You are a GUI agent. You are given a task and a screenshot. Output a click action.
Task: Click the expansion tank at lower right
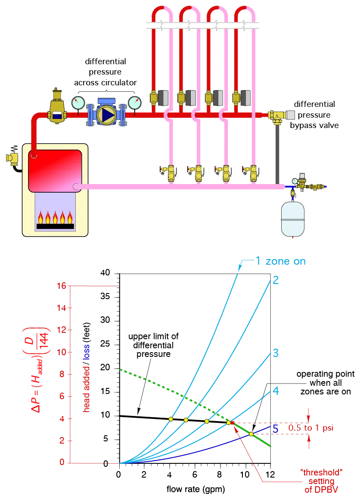292,219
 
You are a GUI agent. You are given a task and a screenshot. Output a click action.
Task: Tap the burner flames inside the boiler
54,217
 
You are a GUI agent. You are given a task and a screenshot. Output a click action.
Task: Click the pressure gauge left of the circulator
78,103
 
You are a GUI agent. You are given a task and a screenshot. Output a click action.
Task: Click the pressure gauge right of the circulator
134,103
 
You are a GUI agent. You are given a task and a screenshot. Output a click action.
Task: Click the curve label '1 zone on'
280,261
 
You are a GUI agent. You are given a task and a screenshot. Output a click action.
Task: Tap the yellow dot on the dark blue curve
251,434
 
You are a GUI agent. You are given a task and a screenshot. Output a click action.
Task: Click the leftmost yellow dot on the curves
171,419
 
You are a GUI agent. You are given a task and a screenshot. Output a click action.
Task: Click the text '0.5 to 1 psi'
311,428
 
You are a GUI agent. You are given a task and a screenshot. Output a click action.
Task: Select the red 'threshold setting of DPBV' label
322,481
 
